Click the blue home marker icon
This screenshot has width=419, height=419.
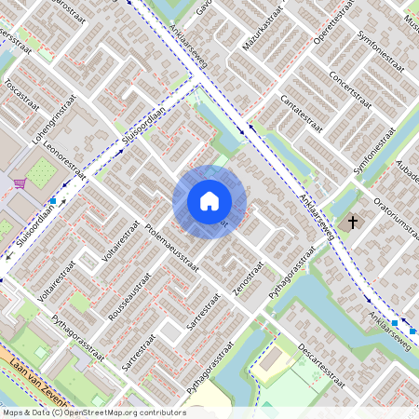pos(209,201)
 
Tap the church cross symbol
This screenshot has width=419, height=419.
pos(351,223)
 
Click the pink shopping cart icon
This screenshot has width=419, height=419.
pos(20,183)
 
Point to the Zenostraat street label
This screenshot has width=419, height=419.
pos(250,278)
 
